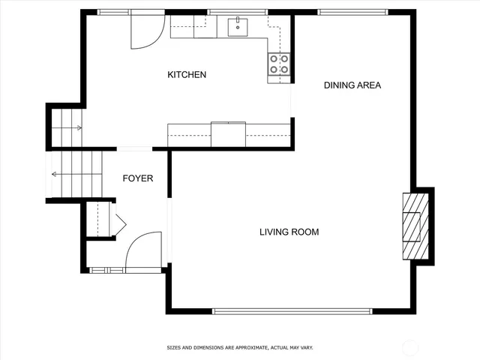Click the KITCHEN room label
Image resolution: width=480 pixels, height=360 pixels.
point(187,75)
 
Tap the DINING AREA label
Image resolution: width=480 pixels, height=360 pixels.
point(352,85)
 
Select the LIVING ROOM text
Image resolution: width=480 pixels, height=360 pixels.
point(289,232)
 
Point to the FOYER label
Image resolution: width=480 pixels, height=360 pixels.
point(139,178)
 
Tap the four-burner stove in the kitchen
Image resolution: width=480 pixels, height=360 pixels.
point(279,64)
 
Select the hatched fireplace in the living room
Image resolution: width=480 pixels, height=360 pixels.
point(415,226)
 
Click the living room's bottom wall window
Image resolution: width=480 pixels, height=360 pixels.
point(292,310)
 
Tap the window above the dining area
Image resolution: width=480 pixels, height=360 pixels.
point(352,12)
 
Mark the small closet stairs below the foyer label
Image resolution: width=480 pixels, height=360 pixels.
point(99,219)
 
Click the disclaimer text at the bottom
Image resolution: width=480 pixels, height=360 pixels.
point(240,348)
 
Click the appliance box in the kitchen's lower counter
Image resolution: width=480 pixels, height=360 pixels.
point(228,133)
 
